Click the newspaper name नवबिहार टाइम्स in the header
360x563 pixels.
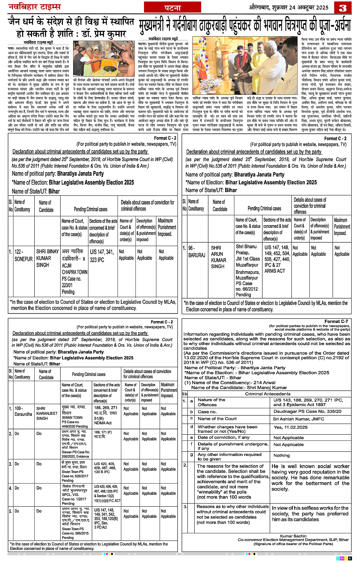tap(35, 7)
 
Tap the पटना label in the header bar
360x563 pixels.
tap(173, 8)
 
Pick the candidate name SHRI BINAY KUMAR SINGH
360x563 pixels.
tap(47, 258)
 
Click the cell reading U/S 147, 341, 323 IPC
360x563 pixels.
tap(102, 256)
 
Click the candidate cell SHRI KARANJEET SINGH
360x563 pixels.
tap(47, 413)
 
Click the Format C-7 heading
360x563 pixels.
tap(336, 321)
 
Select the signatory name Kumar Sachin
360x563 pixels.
tap(293, 536)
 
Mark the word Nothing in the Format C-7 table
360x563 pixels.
tap(282, 455)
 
